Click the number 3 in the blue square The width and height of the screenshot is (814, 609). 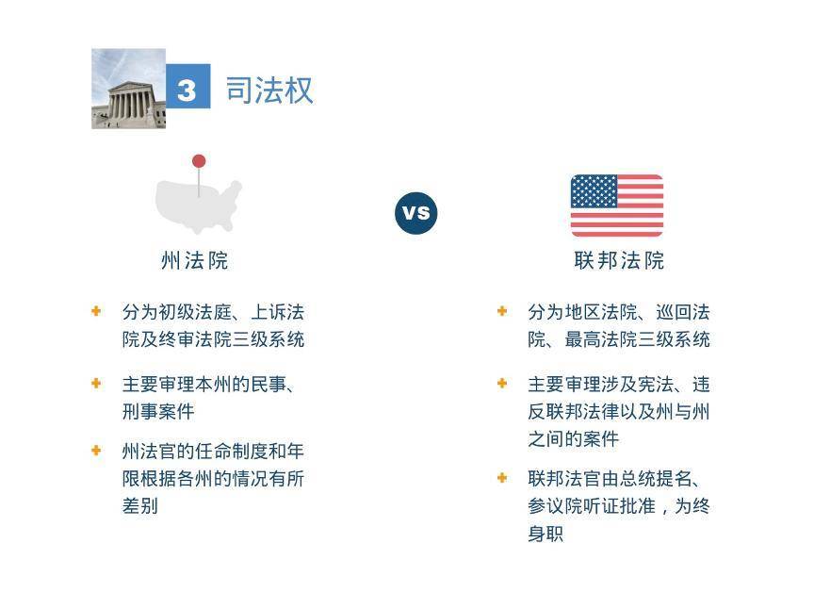[187, 90]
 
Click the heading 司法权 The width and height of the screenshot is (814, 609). [269, 91]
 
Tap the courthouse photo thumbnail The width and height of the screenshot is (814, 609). [128, 90]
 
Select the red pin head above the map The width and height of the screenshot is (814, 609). [199, 161]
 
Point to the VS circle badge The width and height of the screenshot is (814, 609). [415, 212]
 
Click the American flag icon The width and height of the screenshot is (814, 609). [617, 206]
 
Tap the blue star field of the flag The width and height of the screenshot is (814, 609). [594, 191]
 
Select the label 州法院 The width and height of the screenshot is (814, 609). [195, 260]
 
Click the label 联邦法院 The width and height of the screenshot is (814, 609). [619, 260]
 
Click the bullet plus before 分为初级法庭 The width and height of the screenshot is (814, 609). [96, 311]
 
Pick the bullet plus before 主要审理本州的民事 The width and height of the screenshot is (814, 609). [96, 384]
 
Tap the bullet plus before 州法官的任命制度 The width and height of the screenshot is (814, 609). [96, 451]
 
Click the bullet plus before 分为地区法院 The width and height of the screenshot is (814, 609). [502, 311]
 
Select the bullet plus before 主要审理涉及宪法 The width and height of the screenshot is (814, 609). [502, 384]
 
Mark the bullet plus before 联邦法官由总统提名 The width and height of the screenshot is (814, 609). [502, 478]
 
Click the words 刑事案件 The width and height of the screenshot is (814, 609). [158, 412]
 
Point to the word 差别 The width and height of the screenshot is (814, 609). [139, 506]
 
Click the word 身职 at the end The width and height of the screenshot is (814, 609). [545, 534]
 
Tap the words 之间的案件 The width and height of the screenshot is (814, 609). [573, 439]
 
